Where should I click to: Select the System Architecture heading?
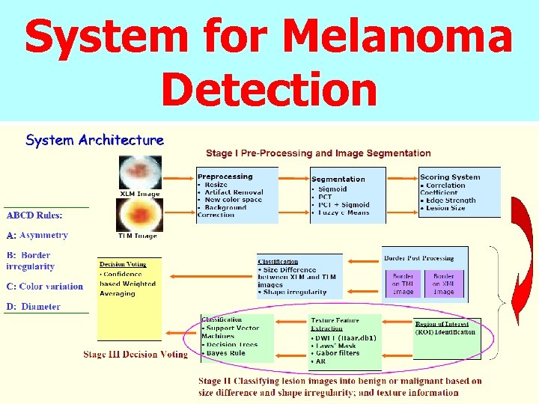pyautogui.click(x=95, y=140)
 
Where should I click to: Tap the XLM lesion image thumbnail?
pyautogui.click(x=140, y=173)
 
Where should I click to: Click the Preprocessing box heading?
pyautogui.click(x=225, y=177)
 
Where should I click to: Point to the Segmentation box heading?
pyautogui.click(x=338, y=179)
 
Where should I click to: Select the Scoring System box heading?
pyautogui.click(x=450, y=177)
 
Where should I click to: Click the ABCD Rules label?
pyautogui.click(x=35, y=215)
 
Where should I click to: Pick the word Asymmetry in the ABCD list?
pyautogui.click(x=44, y=235)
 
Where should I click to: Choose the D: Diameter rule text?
pyautogui.click(x=34, y=307)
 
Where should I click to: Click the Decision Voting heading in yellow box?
pyautogui.click(x=123, y=264)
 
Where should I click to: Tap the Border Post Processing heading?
pyautogui.click(x=419, y=258)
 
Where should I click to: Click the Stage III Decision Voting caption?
pyautogui.click(x=135, y=354)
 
